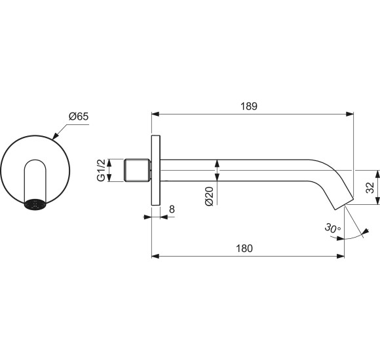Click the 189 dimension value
point(249,106)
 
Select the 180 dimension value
point(244,248)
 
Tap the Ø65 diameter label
point(79,117)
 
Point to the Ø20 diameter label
point(209,196)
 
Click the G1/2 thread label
point(102,170)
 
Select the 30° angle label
point(332,228)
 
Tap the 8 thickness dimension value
point(172,209)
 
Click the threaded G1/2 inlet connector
point(137,170)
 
